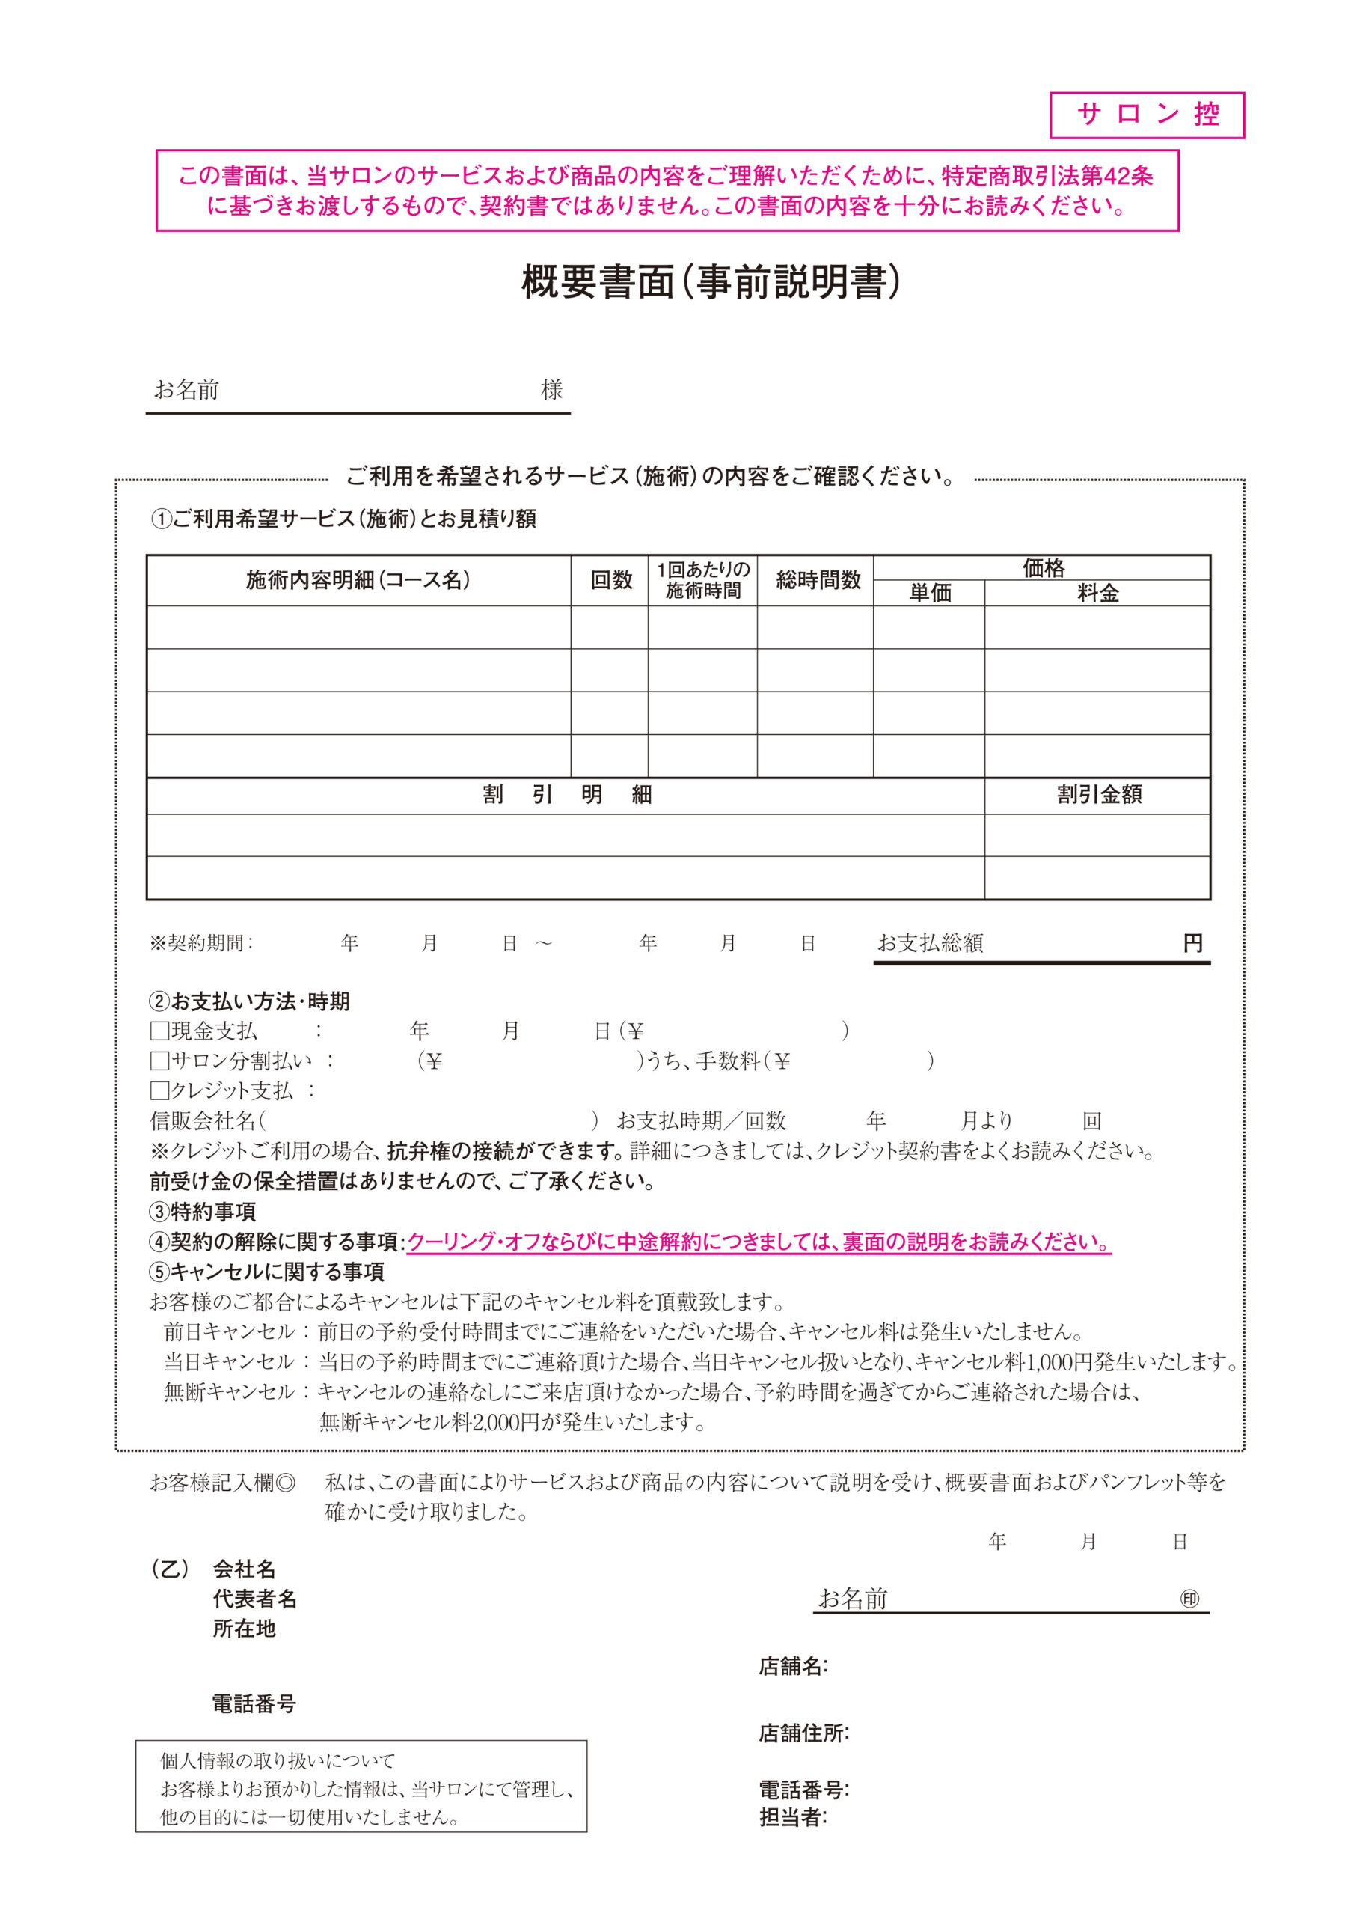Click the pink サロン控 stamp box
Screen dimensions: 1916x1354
click(1146, 115)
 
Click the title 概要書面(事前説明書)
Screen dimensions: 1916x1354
click(711, 282)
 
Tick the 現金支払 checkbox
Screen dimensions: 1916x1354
click(159, 1031)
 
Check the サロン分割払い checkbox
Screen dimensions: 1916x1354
click(159, 1061)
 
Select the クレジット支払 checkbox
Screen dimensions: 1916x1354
click(159, 1090)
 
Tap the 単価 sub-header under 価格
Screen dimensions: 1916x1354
click(929, 593)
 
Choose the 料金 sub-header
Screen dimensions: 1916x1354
click(1097, 593)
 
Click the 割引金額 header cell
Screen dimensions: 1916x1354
click(1098, 794)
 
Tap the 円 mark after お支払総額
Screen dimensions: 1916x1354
click(1192, 943)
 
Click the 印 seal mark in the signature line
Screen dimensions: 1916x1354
click(1189, 1599)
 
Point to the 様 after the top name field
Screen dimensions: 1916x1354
click(551, 390)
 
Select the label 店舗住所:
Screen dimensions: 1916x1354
click(803, 1733)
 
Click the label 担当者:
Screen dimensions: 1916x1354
click(792, 1816)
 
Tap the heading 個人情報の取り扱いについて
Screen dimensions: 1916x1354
click(278, 1761)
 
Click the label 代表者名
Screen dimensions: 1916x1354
click(254, 1599)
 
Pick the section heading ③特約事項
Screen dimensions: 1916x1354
click(203, 1211)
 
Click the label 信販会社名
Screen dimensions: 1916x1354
click(203, 1120)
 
